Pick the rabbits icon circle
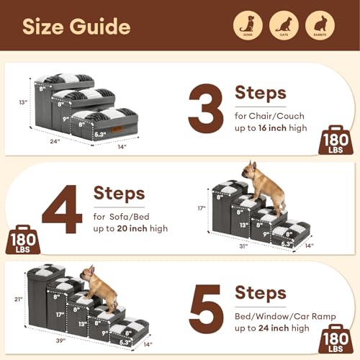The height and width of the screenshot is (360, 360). pos(319,26)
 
